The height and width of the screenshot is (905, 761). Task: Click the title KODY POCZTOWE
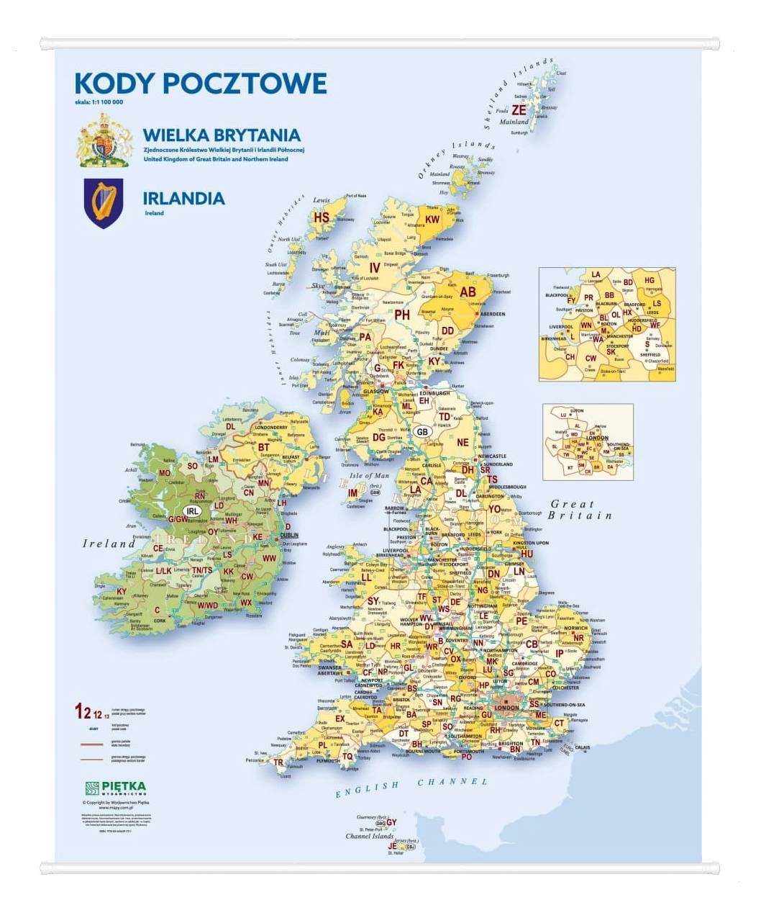coord(201,84)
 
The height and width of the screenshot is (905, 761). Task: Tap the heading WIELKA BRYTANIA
coord(222,135)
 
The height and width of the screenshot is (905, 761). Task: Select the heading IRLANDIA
coord(183,198)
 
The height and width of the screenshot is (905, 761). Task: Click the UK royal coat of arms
coord(105,140)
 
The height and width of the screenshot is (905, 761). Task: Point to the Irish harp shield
coord(104,203)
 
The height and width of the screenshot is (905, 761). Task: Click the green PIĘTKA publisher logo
coord(115,788)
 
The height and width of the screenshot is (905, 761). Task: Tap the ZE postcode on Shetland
coord(518,110)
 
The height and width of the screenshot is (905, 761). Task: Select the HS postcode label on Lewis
coord(321,217)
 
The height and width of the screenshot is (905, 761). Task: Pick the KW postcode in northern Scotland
coord(432,220)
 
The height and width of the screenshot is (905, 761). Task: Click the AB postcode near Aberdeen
coord(468,292)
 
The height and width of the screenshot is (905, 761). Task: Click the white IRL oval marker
coord(192,510)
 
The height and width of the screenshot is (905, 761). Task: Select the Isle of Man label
coord(368,476)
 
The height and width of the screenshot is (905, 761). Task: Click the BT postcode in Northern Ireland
coord(264,447)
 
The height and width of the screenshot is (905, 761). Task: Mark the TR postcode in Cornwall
coord(278,762)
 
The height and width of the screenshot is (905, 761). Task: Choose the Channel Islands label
coord(369,836)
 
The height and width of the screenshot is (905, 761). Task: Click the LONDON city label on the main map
coord(506,708)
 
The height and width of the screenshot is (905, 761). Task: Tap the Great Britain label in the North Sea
coord(580,510)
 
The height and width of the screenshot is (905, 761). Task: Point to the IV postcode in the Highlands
coord(374,267)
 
